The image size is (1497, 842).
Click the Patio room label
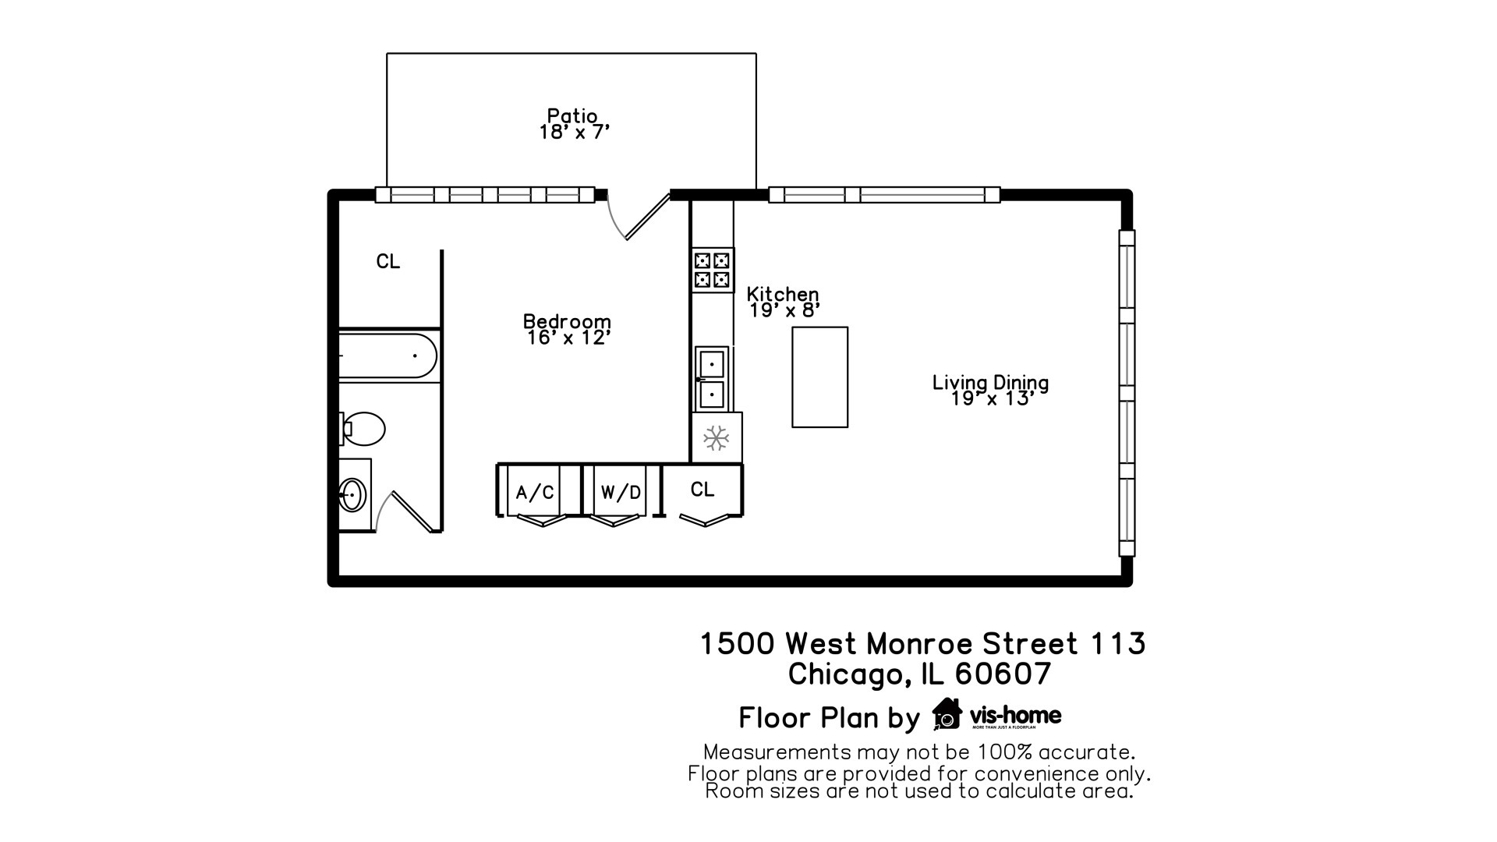[x=572, y=116]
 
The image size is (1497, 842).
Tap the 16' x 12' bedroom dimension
[x=568, y=338]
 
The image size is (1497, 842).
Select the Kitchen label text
[x=782, y=294]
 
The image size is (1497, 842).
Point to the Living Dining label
[x=990, y=382]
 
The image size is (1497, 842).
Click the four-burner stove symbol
[x=713, y=270]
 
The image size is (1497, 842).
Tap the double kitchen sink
[x=712, y=379]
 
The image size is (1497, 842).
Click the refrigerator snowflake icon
[x=716, y=437]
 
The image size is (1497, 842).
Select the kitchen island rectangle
[x=819, y=377]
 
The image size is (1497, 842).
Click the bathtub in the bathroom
[x=388, y=356]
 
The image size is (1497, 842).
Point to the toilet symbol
[x=363, y=429]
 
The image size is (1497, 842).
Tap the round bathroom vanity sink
[x=352, y=494]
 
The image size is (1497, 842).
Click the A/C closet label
[x=535, y=493]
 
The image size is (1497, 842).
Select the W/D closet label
[x=621, y=493]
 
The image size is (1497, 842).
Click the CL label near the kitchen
[x=702, y=490]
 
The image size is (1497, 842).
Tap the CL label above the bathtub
[x=388, y=262]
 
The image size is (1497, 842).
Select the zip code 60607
[x=1003, y=674]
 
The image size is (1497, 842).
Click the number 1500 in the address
[x=737, y=644]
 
